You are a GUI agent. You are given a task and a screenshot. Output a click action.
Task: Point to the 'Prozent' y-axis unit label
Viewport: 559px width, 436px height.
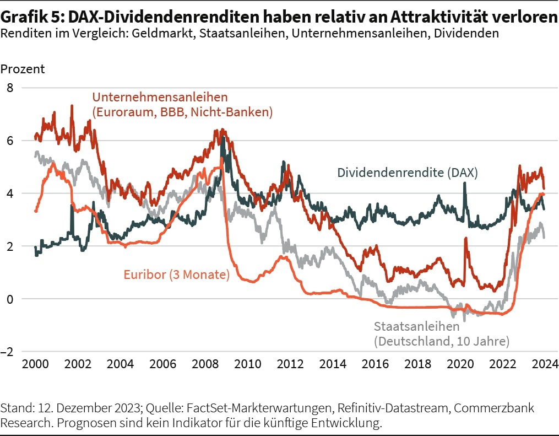(23, 69)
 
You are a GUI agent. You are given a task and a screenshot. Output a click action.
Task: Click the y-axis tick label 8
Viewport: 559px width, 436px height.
(10, 88)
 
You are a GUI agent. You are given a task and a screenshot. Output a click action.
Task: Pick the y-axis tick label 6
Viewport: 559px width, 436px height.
(10, 141)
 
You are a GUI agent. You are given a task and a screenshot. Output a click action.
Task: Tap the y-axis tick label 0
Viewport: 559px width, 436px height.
(10, 299)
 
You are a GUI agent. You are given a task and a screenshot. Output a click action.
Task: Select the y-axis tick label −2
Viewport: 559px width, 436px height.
(10, 352)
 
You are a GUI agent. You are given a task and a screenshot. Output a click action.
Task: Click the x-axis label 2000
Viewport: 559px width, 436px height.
(36, 364)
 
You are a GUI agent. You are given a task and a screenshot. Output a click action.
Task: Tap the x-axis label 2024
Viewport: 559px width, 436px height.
(545, 364)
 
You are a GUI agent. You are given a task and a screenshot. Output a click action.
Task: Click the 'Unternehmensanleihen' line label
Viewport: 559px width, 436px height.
(160, 98)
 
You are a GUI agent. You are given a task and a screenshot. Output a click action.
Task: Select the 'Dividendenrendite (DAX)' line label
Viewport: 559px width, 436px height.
(407, 173)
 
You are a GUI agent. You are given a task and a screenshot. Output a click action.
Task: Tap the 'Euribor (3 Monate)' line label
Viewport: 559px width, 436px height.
(176, 274)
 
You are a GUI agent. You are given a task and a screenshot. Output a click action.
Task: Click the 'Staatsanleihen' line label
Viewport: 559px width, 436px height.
(416, 326)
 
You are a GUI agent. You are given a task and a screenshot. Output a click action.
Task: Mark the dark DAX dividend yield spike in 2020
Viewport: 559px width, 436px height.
(465, 184)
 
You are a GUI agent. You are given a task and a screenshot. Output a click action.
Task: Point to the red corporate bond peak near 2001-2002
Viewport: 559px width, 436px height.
(72, 106)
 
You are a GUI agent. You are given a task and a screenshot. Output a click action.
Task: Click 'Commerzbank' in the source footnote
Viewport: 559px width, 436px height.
(503, 408)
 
